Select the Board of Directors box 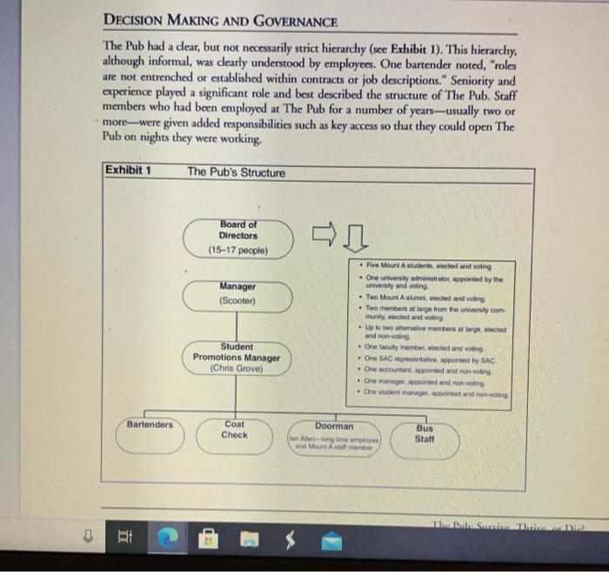(238, 236)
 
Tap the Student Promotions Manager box (237, 358)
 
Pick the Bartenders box (150, 434)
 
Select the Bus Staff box (425, 435)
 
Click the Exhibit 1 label (128, 170)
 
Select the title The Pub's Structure (236, 172)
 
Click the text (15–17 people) (238, 251)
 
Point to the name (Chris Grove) (237, 368)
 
